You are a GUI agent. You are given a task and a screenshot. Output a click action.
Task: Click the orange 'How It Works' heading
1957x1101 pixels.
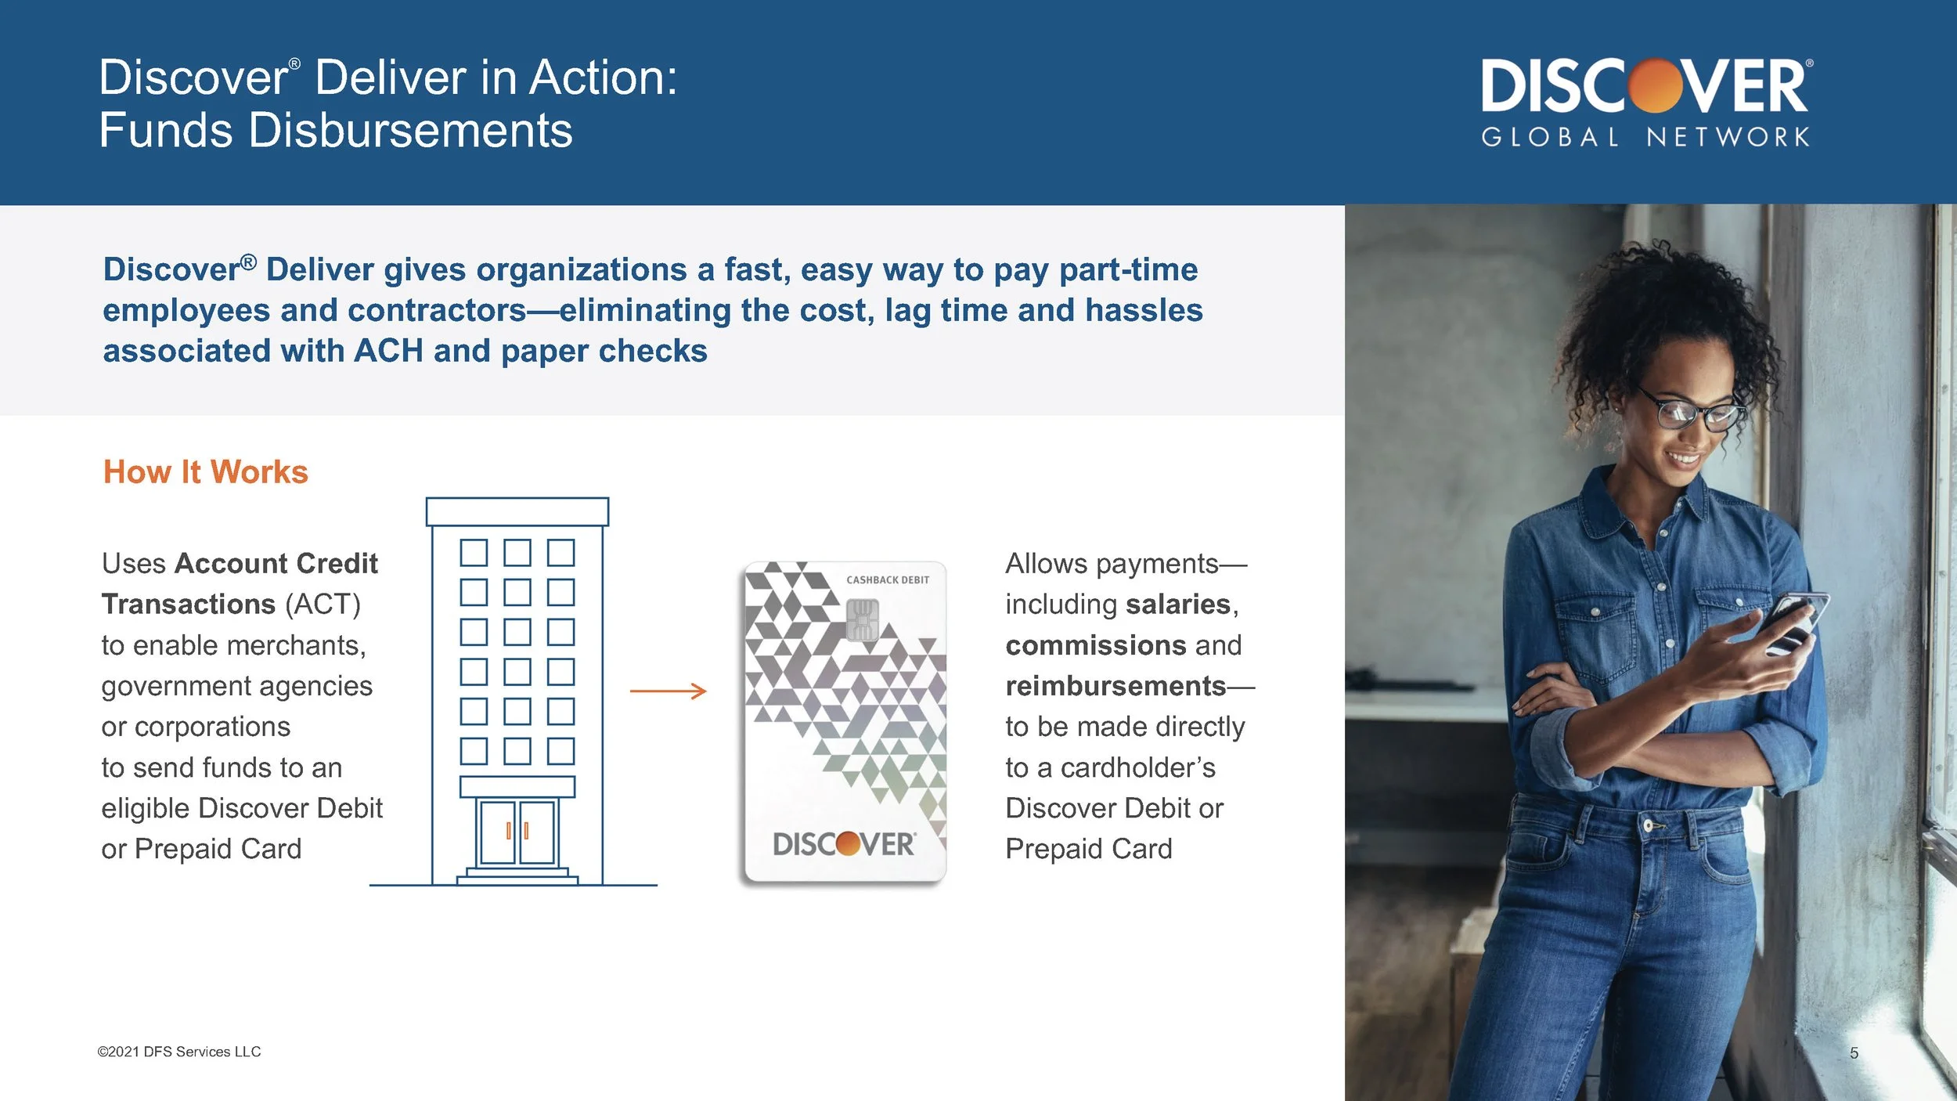click(x=205, y=472)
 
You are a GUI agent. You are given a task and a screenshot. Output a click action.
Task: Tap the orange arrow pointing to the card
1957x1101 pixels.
click(x=668, y=691)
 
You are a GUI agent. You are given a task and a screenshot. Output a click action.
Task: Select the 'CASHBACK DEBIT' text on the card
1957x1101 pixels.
click(x=887, y=580)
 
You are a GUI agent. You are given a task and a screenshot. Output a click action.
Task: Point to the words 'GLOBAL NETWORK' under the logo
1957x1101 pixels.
click(x=1645, y=138)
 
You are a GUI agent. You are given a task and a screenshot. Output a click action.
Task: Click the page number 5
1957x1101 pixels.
click(x=1853, y=1053)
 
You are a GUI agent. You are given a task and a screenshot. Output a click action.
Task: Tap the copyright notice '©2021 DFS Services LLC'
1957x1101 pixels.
click(x=178, y=1052)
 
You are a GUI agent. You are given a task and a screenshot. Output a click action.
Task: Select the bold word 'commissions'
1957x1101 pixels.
click(x=1095, y=645)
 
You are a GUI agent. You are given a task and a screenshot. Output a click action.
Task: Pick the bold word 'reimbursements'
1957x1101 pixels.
click(x=1115, y=686)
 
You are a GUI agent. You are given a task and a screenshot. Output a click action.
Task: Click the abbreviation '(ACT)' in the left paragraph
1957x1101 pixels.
click(x=322, y=605)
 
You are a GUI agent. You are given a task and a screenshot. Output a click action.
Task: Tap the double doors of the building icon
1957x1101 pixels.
click(x=517, y=832)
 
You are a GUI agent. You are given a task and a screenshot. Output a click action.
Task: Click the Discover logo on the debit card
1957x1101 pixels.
click(x=843, y=844)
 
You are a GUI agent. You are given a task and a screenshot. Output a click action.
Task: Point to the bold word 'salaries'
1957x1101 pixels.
click(x=1177, y=605)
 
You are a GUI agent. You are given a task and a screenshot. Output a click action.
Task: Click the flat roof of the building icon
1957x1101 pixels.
click(x=517, y=511)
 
